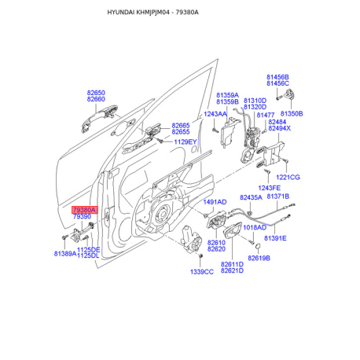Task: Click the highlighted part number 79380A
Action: pyautogui.click(x=85, y=210)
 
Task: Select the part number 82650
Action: pyautogui.click(x=96, y=93)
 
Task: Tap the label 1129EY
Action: pyautogui.click(x=186, y=142)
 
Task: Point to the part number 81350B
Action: pyautogui.click(x=292, y=114)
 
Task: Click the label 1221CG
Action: pyautogui.click(x=288, y=178)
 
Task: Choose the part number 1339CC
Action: pyautogui.click(x=202, y=272)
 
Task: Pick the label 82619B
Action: pyautogui.click(x=259, y=259)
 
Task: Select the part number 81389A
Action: pyautogui.click(x=65, y=254)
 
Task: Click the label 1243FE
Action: pyautogui.click(x=269, y=188)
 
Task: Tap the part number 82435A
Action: pyautogui.click(x=251, y=197)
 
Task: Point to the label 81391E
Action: pyautogui.click(x=275, y=238)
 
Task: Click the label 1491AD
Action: pyautogui.click(x=215, y=202)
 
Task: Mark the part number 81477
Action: pyautogui.click(x=266, y=115)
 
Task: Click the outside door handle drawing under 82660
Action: pyautogui.click(x=99, y=118)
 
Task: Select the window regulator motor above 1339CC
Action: pyautogui.click(x=192, y=239)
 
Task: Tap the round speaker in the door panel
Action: pyautogui.click(x=160, y=215)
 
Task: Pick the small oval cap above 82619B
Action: pyautogui.click(x=258, y=246)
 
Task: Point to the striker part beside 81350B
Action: pyautogui.click(x=290, y=94)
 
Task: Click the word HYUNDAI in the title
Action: pyautogui.click(x=121, y=13)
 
